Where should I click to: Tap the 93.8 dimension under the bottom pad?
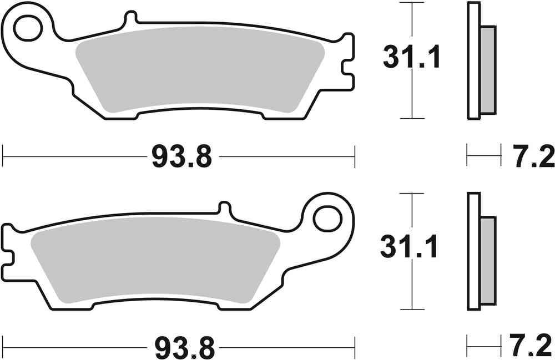pyautogui.click(x=181, y=348)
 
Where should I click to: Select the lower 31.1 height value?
pyautogui.click(x=410, y=247)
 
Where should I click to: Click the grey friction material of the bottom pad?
pyautogui.click(x=155, y=263)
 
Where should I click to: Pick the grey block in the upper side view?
pyautogui.click(x=488, y=69)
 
